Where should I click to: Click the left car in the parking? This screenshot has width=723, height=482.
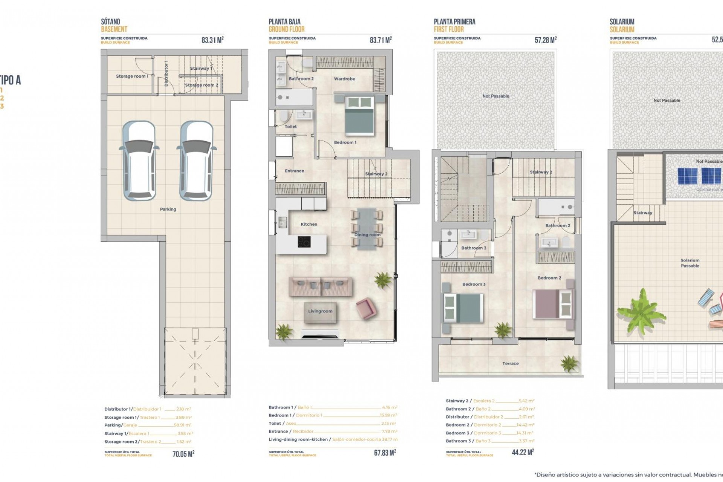coord(139,160)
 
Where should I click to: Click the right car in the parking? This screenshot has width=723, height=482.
coord(196,160)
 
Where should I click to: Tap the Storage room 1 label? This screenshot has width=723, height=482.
coord(132,76)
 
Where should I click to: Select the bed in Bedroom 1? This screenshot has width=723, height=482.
coord(360,115)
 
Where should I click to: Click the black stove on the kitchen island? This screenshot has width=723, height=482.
coord(304,242)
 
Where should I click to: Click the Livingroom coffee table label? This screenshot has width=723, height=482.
coord(320,311)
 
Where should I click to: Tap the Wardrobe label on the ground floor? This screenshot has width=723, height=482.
coord(344,79)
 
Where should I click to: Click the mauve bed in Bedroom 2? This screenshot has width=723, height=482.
coord(552,304)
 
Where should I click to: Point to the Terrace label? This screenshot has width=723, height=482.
coord(510,364)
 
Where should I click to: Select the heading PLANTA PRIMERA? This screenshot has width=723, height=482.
coord(455,22)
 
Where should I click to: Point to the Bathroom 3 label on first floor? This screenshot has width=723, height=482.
coord(474,248)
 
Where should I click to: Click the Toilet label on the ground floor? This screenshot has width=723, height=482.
coord(291,127)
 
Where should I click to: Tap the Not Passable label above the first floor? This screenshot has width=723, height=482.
coord(496,96)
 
